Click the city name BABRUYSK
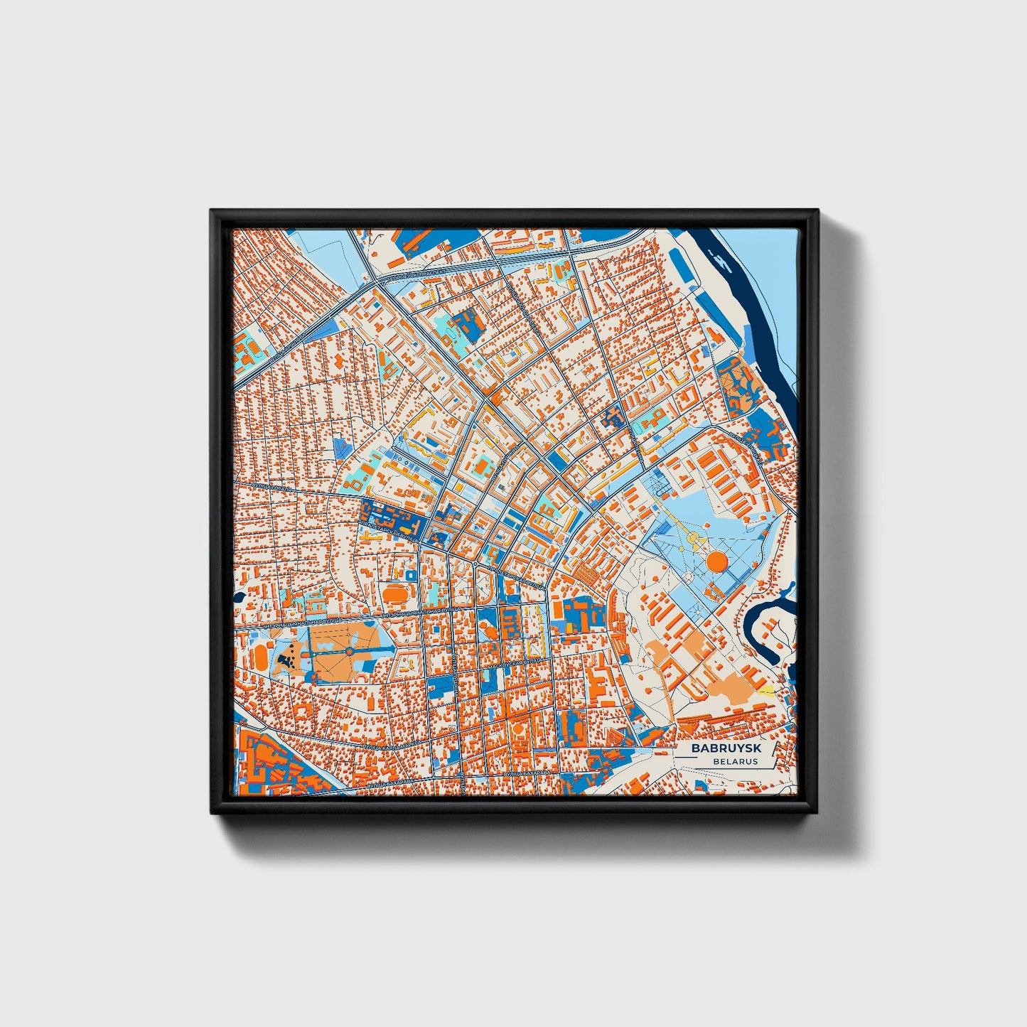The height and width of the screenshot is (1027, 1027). (725, 748)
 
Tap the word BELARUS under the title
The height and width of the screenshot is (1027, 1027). (737, 761)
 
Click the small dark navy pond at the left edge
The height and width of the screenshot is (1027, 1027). (237, 597)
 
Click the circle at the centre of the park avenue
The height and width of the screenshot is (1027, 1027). (350, 651)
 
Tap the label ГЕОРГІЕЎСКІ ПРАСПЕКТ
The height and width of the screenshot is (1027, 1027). (416, 273)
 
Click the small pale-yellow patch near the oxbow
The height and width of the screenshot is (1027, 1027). (765, 689)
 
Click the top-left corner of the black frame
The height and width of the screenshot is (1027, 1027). (212, 212)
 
